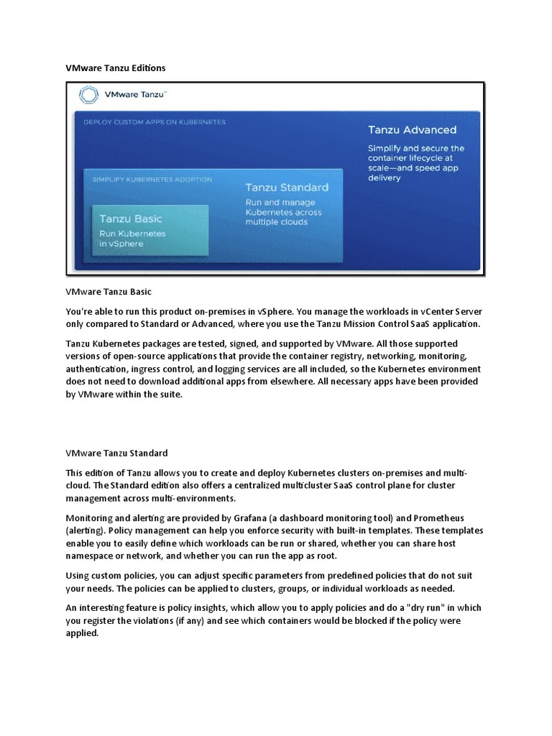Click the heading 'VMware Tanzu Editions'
(x=115, y=68)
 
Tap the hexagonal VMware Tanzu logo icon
(x=88, y=96)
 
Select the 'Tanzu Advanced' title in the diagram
(x=412, y=130)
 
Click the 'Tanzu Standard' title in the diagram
(x=287, y=188)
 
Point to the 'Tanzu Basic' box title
(x=130, y=218)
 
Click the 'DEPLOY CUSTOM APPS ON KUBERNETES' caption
(x=155, y=121)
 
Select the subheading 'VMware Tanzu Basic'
(x=109, y=292)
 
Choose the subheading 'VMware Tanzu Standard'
(x=116, y=453)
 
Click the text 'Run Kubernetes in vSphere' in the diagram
(x=132, y=239)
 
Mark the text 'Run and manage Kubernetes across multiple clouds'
(x=283, y=212)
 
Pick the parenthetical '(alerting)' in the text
(x=88, y=530)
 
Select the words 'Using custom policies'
(x=112, y=576)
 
